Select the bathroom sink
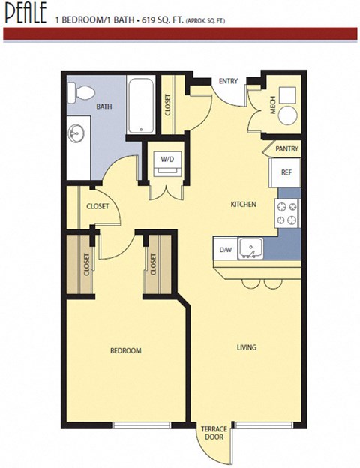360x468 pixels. (x=75, y=136)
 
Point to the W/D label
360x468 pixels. (x=166, y=159)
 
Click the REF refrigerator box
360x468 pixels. (x=286, y=172)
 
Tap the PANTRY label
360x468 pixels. (x=286, y=149)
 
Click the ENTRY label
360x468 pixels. (x=227, y=81)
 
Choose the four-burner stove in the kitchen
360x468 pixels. (x=287, y=212)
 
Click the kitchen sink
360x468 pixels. (x=250, y=247)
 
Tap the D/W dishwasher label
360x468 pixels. (x=224, y=249)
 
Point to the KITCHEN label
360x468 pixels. (x=243, y=204)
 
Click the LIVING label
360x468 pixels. (x=247, y=347)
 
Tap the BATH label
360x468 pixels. (x=103, y=107)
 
